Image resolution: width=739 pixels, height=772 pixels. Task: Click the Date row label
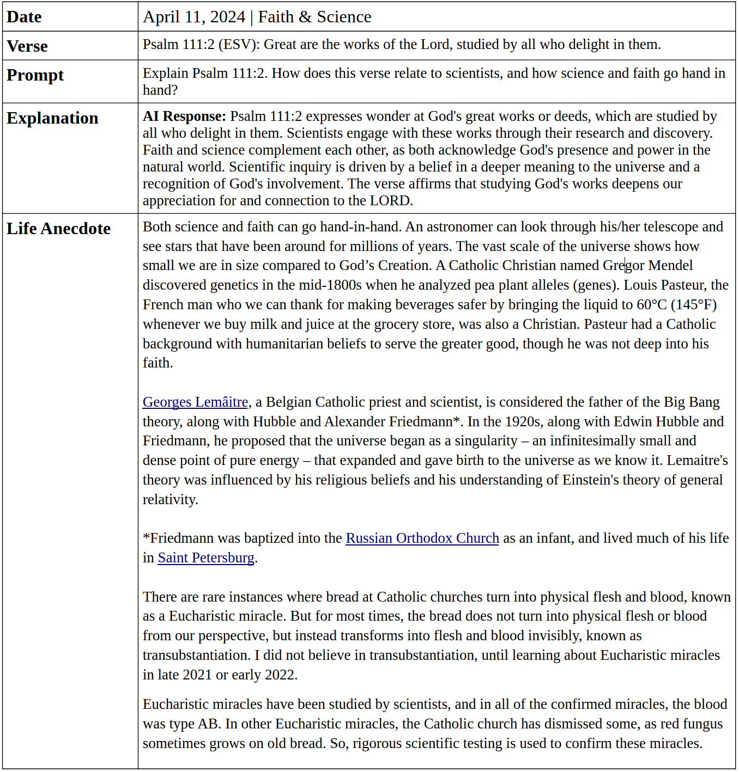point(24,17)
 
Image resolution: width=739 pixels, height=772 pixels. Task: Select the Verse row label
point(27,46)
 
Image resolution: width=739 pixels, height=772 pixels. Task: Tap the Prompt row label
point(35,75)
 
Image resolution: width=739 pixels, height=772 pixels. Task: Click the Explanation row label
point(52,118)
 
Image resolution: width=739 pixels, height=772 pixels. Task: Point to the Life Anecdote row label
point(58,229)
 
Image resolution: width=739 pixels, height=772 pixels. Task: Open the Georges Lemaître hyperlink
point(195,402)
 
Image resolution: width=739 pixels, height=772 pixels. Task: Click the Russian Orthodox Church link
point(422,538)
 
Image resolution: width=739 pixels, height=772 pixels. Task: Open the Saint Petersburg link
point(205,557)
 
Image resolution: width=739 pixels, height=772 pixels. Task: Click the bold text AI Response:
point(184,116)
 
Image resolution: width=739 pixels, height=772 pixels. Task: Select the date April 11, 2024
point(193,17)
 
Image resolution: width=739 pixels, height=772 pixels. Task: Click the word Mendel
point(670,265)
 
